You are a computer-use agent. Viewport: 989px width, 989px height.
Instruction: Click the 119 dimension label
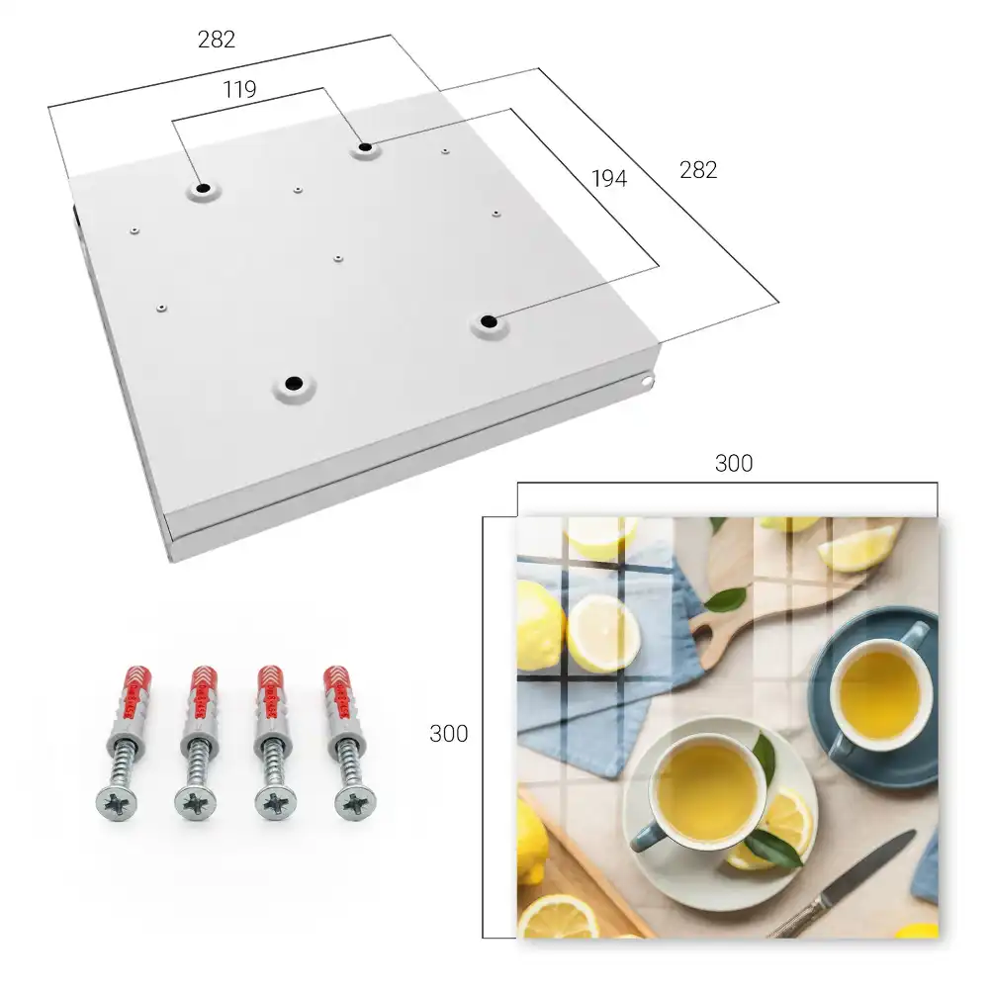pyautogui.click(x=239, y=90)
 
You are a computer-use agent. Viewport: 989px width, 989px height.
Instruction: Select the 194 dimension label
pyautogui.click(x=609, y=178)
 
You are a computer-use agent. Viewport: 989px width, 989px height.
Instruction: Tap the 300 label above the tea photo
pyautogui.click(x=734, y=464)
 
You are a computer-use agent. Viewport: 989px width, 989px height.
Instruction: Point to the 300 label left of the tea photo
pyautogui.click(x=448, y=734)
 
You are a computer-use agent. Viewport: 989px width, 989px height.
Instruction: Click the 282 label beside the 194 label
pyautogui.click(x=698, y=170)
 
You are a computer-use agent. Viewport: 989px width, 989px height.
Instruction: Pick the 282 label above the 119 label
pyautogui.click(x=217, y=40)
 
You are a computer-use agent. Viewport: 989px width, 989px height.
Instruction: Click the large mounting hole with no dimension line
pyautogui.click(x=294, y=384)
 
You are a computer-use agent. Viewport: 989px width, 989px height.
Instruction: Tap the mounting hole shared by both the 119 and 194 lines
pyautogui.click(x=365, y=148)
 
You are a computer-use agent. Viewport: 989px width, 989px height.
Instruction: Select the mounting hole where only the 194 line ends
pyautogui.click(x=489, y=321)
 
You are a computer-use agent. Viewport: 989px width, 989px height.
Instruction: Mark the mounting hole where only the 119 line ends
pyautogui.click(x=203, y=188)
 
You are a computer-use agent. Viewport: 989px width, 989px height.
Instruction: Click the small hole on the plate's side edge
pyautogui.click(x=647, y=381)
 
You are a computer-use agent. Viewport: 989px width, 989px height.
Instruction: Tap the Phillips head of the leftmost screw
pyautogui.click(x=117, y=804)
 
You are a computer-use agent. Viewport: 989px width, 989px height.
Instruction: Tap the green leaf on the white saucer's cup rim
pyautogui.click(x=764, y=756)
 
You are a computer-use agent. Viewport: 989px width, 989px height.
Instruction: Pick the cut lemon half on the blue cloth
pyautogui.click(x=603, y=633)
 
